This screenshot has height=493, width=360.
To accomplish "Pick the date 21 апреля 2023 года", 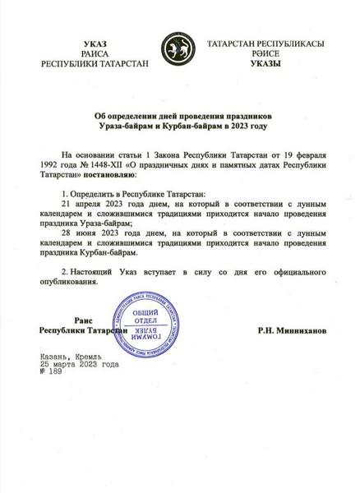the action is [96, 200].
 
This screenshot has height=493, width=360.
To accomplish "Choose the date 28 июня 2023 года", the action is [93, 233].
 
